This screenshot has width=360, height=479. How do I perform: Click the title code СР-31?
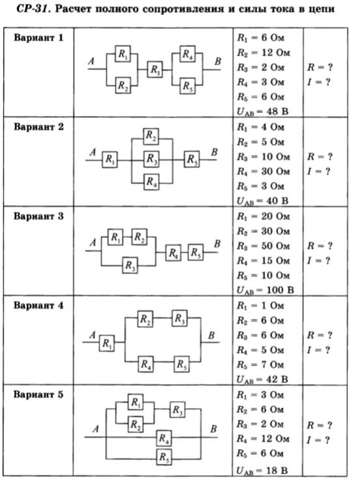pos(33,9)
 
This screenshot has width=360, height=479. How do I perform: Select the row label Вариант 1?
pos(38,38)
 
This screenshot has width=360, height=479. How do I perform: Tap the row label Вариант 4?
pos(38,305)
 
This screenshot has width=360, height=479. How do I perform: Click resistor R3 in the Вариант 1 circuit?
pos(155,70)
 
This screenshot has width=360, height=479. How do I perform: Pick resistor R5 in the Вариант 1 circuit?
pos(187,86)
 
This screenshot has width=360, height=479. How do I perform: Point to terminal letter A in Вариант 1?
pos(91,61)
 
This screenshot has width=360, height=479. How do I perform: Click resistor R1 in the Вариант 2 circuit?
pos(110,160)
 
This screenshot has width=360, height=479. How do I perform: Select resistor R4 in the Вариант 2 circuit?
pos(151,182)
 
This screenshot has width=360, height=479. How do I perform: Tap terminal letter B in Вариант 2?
pos(215,152)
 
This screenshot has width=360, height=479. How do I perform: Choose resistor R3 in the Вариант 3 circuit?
pos(130,265)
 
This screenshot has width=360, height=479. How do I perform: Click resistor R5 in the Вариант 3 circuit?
pos(196,252)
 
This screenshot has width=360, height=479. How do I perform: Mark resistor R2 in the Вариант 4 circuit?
pos(145,319)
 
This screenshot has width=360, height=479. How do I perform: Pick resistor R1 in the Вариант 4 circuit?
pos(107,343)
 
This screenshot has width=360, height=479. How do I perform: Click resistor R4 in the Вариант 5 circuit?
pos(164,438)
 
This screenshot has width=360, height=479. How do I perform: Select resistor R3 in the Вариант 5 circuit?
pos(177,410)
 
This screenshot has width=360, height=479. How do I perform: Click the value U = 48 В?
pos(263,111)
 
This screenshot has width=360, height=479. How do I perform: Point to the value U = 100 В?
pos(265,290)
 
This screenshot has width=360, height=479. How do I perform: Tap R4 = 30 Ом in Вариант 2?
pos(263,171)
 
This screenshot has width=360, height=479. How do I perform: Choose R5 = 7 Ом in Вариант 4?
pos(260,365)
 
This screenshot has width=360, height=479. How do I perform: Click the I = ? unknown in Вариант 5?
pos(319,440)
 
